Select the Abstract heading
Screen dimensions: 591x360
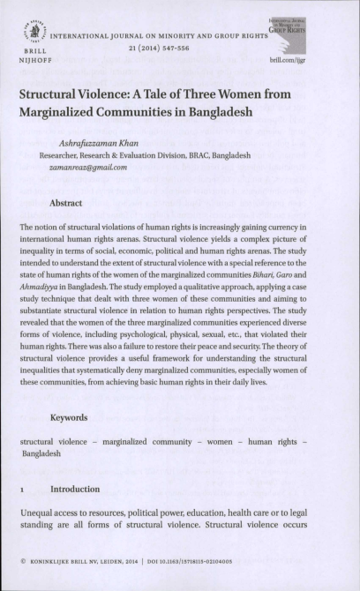(x=67, y=203)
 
